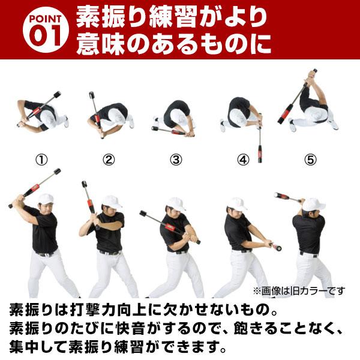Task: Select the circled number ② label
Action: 108,160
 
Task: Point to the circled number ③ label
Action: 175,160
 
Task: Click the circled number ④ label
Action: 242,160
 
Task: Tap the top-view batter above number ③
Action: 177,114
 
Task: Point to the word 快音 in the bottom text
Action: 160,329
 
